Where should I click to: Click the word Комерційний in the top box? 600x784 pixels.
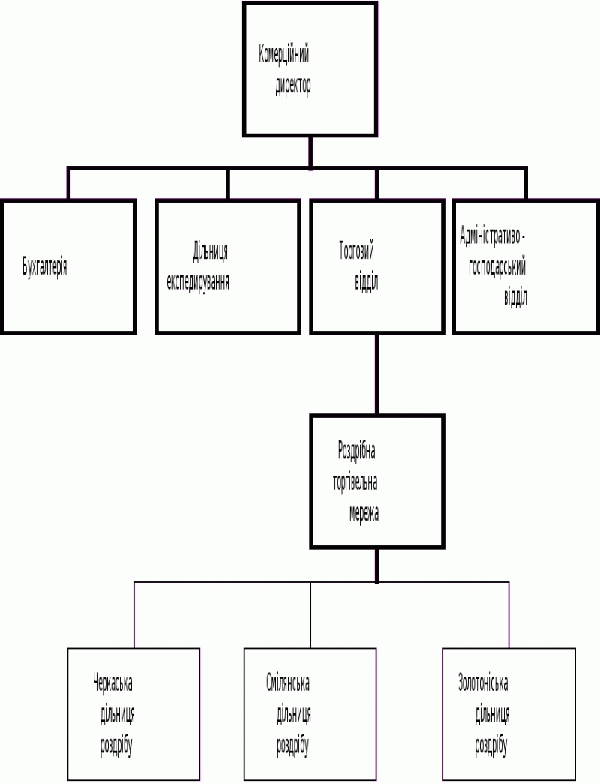click(284, 55)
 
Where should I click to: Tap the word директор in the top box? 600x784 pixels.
click(293, 86)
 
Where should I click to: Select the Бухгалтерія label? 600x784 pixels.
click(45, 267)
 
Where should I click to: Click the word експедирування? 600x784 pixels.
click(198, 282)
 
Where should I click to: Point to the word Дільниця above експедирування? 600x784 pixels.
click(210, 252)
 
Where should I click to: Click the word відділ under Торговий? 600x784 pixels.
click(366, 282)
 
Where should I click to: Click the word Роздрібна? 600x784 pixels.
click(356, 452)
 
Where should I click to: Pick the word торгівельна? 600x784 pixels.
click(355, 482)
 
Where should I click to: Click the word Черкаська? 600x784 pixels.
click(112, 683)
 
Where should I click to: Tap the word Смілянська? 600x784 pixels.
click(288, 683)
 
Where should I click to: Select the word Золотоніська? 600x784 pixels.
click(483, 683)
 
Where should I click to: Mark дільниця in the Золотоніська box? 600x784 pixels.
click(492, 715)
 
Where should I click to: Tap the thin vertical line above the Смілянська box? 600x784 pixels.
click(310, 615)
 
